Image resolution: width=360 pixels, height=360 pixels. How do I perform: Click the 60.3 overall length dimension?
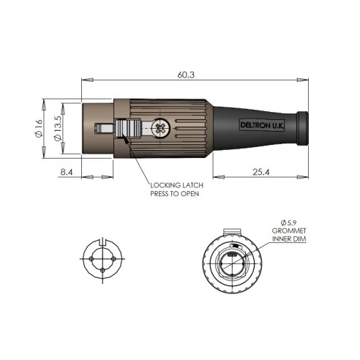(186, 75)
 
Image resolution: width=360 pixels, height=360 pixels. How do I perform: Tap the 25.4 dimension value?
(260, 172)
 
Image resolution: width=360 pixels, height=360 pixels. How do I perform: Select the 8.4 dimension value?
(67, 172)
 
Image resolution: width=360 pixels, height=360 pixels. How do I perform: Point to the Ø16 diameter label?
(39, 128)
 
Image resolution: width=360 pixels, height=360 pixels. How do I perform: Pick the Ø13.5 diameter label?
(58, 128)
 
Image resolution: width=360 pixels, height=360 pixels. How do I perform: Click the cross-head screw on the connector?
(160, 128)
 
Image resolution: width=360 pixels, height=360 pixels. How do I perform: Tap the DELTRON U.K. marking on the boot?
(262, 125)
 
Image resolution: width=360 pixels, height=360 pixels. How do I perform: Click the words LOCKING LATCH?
(176, 185)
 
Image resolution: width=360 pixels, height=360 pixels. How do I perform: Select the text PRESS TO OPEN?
(175, 194)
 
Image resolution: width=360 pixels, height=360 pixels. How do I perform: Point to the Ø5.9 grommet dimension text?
(289, 222)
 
